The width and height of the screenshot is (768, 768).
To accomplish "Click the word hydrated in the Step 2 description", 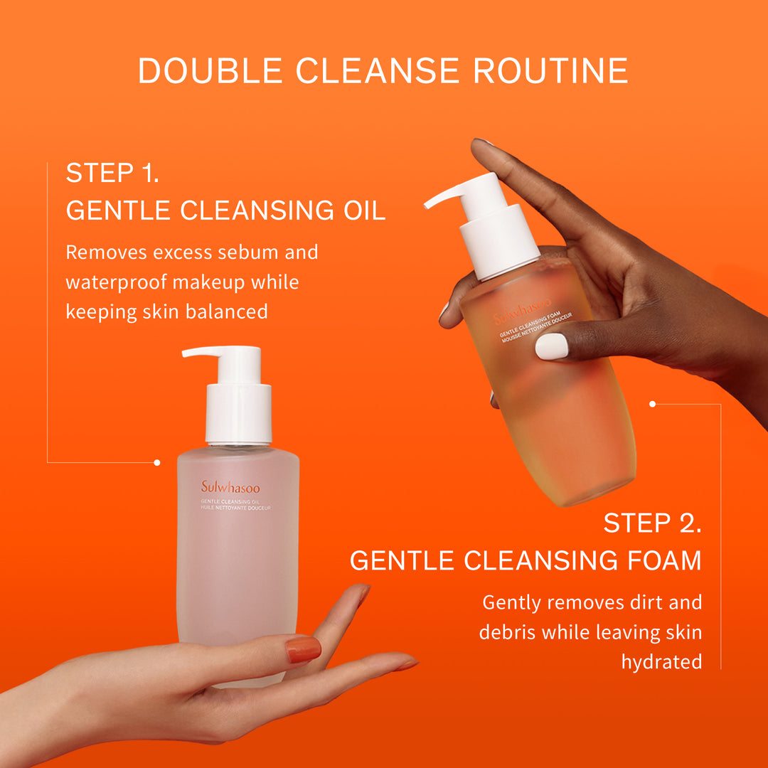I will click(x=661, y=662).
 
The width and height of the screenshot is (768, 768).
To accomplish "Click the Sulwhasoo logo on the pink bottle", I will click(x=230, y=488).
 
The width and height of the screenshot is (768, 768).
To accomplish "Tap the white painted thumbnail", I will click(x=552, y=346).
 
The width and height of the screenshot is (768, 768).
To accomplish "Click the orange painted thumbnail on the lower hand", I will click(x=304, y=649).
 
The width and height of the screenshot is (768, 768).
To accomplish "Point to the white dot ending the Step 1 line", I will click(x=157, y=462).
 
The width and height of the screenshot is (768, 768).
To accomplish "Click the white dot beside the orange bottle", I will click(x=652, y=404).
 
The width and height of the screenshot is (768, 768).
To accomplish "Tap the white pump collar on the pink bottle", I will click(x=239, y=415).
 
